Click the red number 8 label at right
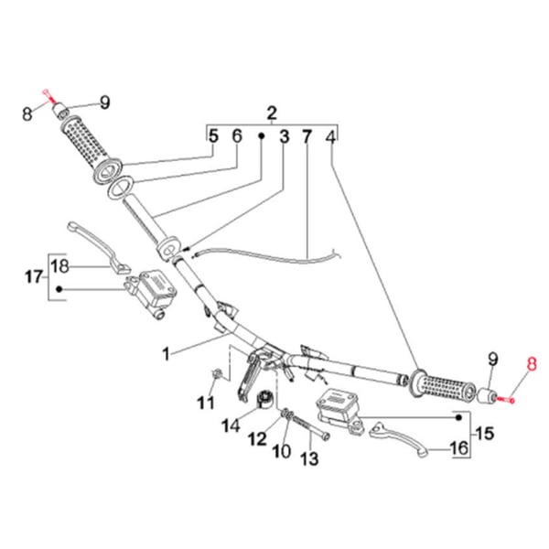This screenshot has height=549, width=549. pos(531,363)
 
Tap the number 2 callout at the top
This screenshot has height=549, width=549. pos(272,113)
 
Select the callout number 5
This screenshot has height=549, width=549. pos(212,136)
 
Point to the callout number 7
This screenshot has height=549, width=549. pos(307,136)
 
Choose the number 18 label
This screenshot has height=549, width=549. pos(59,266)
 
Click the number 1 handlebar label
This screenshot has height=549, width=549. pos(167,351)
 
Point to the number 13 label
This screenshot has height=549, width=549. pos(307,458)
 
